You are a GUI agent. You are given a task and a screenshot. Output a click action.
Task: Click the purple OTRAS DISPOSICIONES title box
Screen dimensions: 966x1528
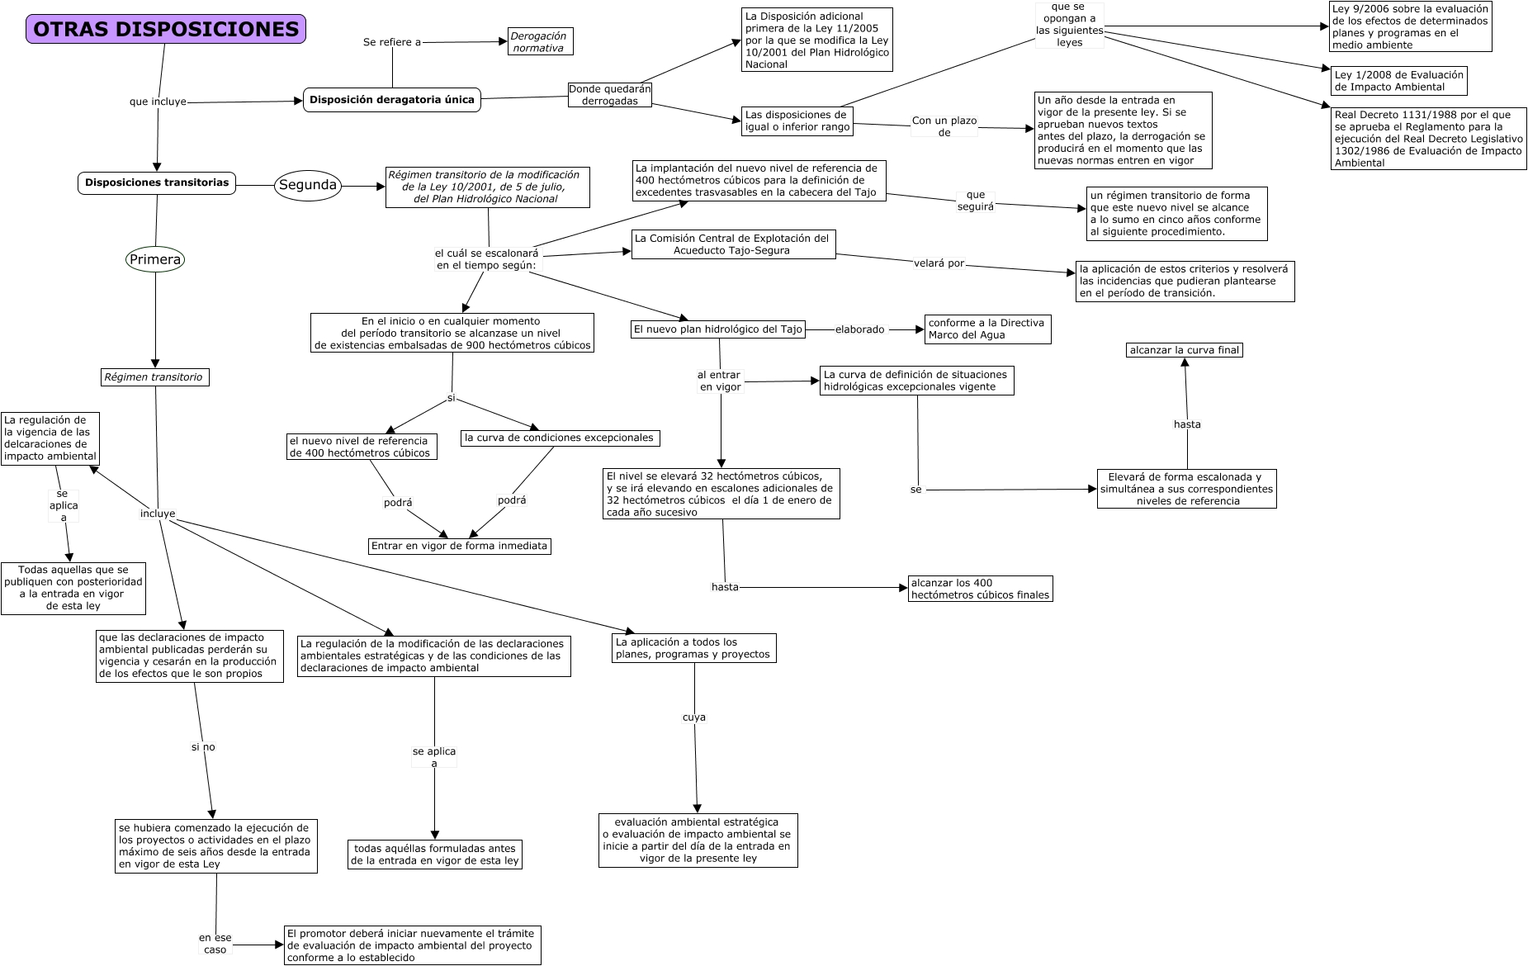click(166, 29)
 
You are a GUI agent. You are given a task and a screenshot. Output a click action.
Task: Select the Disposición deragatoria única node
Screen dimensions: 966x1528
click(392, 100)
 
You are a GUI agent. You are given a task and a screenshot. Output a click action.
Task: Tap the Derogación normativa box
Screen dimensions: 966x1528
click(540, 42)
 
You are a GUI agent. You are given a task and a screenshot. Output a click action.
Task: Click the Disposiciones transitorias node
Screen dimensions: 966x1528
click(157, 182)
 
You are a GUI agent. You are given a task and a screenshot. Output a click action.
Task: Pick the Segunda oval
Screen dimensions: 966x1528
click(307, 185)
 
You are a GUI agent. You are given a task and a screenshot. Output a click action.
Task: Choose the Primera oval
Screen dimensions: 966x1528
click(155, 259)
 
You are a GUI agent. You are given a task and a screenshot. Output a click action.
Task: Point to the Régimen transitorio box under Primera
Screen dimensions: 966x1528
click(154, 377)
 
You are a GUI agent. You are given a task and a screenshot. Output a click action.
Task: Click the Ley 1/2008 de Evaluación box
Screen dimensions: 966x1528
click(1398, 81)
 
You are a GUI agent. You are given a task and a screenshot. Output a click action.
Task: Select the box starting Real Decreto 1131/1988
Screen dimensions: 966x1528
click(1428, 139)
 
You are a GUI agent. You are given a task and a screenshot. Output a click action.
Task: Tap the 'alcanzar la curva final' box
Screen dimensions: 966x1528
click(1185, 350)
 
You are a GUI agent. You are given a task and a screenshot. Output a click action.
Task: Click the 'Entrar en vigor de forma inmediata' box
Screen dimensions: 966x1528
click(459, 546)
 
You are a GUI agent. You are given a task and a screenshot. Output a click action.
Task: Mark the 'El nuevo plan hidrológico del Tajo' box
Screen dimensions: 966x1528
click(717, 329)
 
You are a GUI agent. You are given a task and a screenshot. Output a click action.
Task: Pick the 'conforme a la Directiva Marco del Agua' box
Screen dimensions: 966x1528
click(987, 329)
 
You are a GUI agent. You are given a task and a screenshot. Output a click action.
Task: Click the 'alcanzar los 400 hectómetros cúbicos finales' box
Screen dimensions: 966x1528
click(980, 589)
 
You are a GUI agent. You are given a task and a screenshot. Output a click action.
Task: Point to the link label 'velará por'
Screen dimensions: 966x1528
click(939, 264)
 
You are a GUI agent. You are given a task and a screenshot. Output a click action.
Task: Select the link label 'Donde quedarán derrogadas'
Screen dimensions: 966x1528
click(610, 95)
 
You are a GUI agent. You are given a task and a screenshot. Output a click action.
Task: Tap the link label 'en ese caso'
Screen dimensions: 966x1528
click(215, 944)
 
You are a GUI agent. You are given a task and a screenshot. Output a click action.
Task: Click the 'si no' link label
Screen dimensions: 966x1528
click(203, 747)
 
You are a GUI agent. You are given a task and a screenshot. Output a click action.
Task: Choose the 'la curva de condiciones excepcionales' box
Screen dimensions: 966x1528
click(559, 438)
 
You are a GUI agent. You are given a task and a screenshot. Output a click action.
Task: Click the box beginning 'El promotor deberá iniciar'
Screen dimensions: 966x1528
click(413, 945)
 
